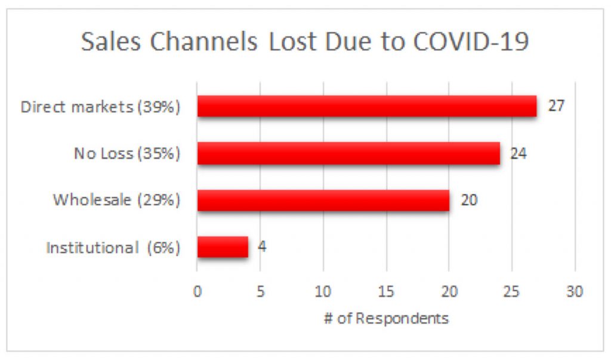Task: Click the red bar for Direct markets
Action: pyautogui.click(x=366, y=106)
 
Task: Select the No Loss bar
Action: pyautogui.click(x=348, y=153)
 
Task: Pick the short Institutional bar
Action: pyautogui.click(x=222, y=247)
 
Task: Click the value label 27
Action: pyautogui.click(x=556, y=106)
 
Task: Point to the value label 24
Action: pyautogui.click(x=519, y=153)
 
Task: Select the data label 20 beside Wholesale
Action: pyautogui.click(x=469, y=200)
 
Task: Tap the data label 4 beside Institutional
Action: pyautogui.click(x=262, y=247)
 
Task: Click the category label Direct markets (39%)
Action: pyautogui.click(x=100, y=107)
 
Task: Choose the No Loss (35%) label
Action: pyautogui.click(x=126, y=153)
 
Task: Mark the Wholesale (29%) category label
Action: pyautogui.click(x=116, y=200)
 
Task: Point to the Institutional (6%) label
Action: pyautogui.click(x=113, y=247)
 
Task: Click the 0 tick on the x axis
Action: pyautogui.click(x=197, y=292)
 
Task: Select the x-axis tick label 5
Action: pyautogui.click(x=260, y=292)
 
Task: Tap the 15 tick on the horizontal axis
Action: pyautogui.click(x=386, y=292)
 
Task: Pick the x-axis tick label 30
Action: pyautogui.click(x=575, y=292)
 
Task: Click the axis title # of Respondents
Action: pyautogui.click(x=386, y=318)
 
